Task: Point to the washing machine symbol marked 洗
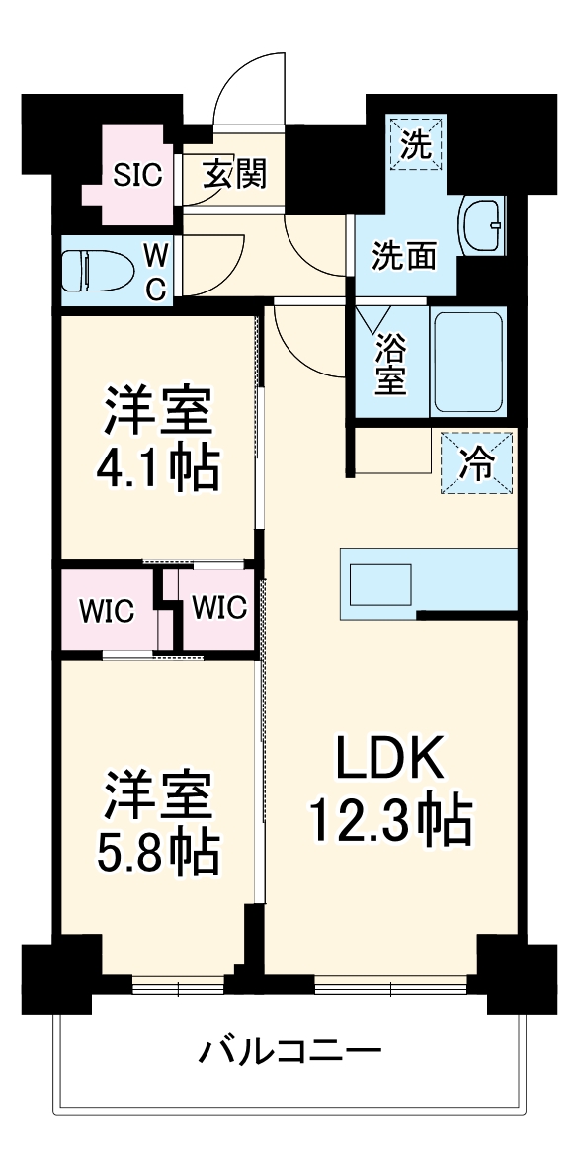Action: coord(416,145)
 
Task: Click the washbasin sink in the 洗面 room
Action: coord(483,224)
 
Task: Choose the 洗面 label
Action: coord(403,256)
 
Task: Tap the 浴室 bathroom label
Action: coord(391,365)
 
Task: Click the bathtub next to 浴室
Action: coord(469,364)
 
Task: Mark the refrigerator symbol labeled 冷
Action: coord(477,462)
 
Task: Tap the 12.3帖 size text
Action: coord(390,820)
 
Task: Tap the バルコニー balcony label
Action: coord(290,1049)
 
